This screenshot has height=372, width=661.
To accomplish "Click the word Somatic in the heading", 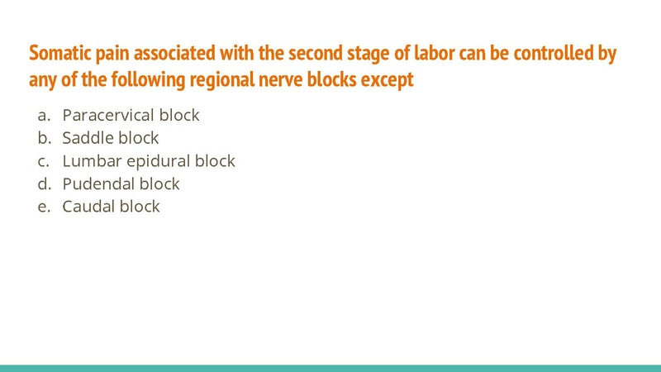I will (59, 54).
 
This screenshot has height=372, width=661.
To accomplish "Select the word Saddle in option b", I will (87, 138).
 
